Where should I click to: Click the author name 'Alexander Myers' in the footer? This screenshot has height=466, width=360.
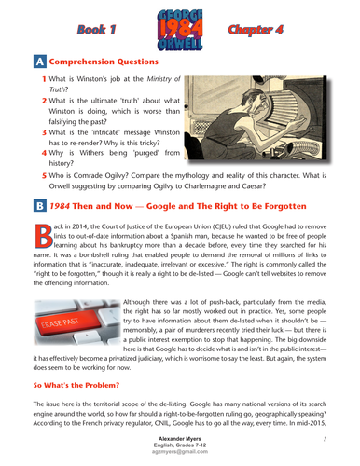click(x=179, y=438)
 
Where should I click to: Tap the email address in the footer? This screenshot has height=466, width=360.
click(x=179, y=455)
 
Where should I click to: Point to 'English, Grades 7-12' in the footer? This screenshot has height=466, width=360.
click(x=179, y=446)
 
